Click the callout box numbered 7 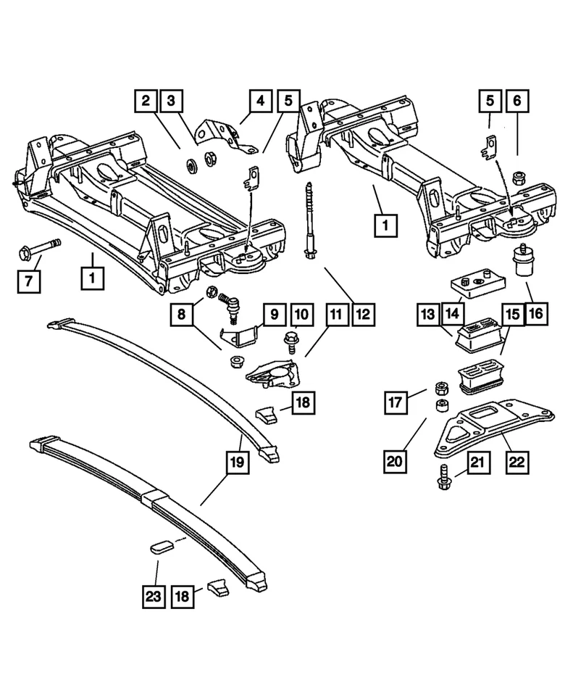[x=29, y=280]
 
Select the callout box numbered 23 [x=153, y=597]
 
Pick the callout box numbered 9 [x=275, y=315]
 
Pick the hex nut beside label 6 [x=518, y=176]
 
